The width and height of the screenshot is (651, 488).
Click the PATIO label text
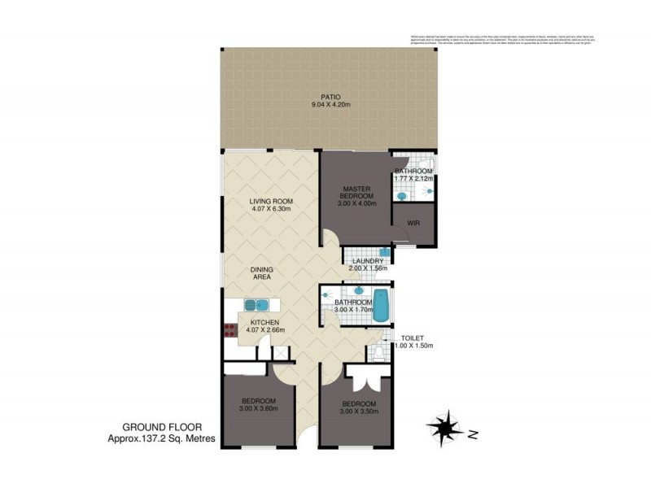330,97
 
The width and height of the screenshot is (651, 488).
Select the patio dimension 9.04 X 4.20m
330,106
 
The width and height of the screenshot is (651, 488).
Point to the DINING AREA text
261,273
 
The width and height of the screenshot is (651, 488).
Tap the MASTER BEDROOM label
356,192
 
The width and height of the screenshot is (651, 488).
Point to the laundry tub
384,253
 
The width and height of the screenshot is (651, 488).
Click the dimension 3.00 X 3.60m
258,410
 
